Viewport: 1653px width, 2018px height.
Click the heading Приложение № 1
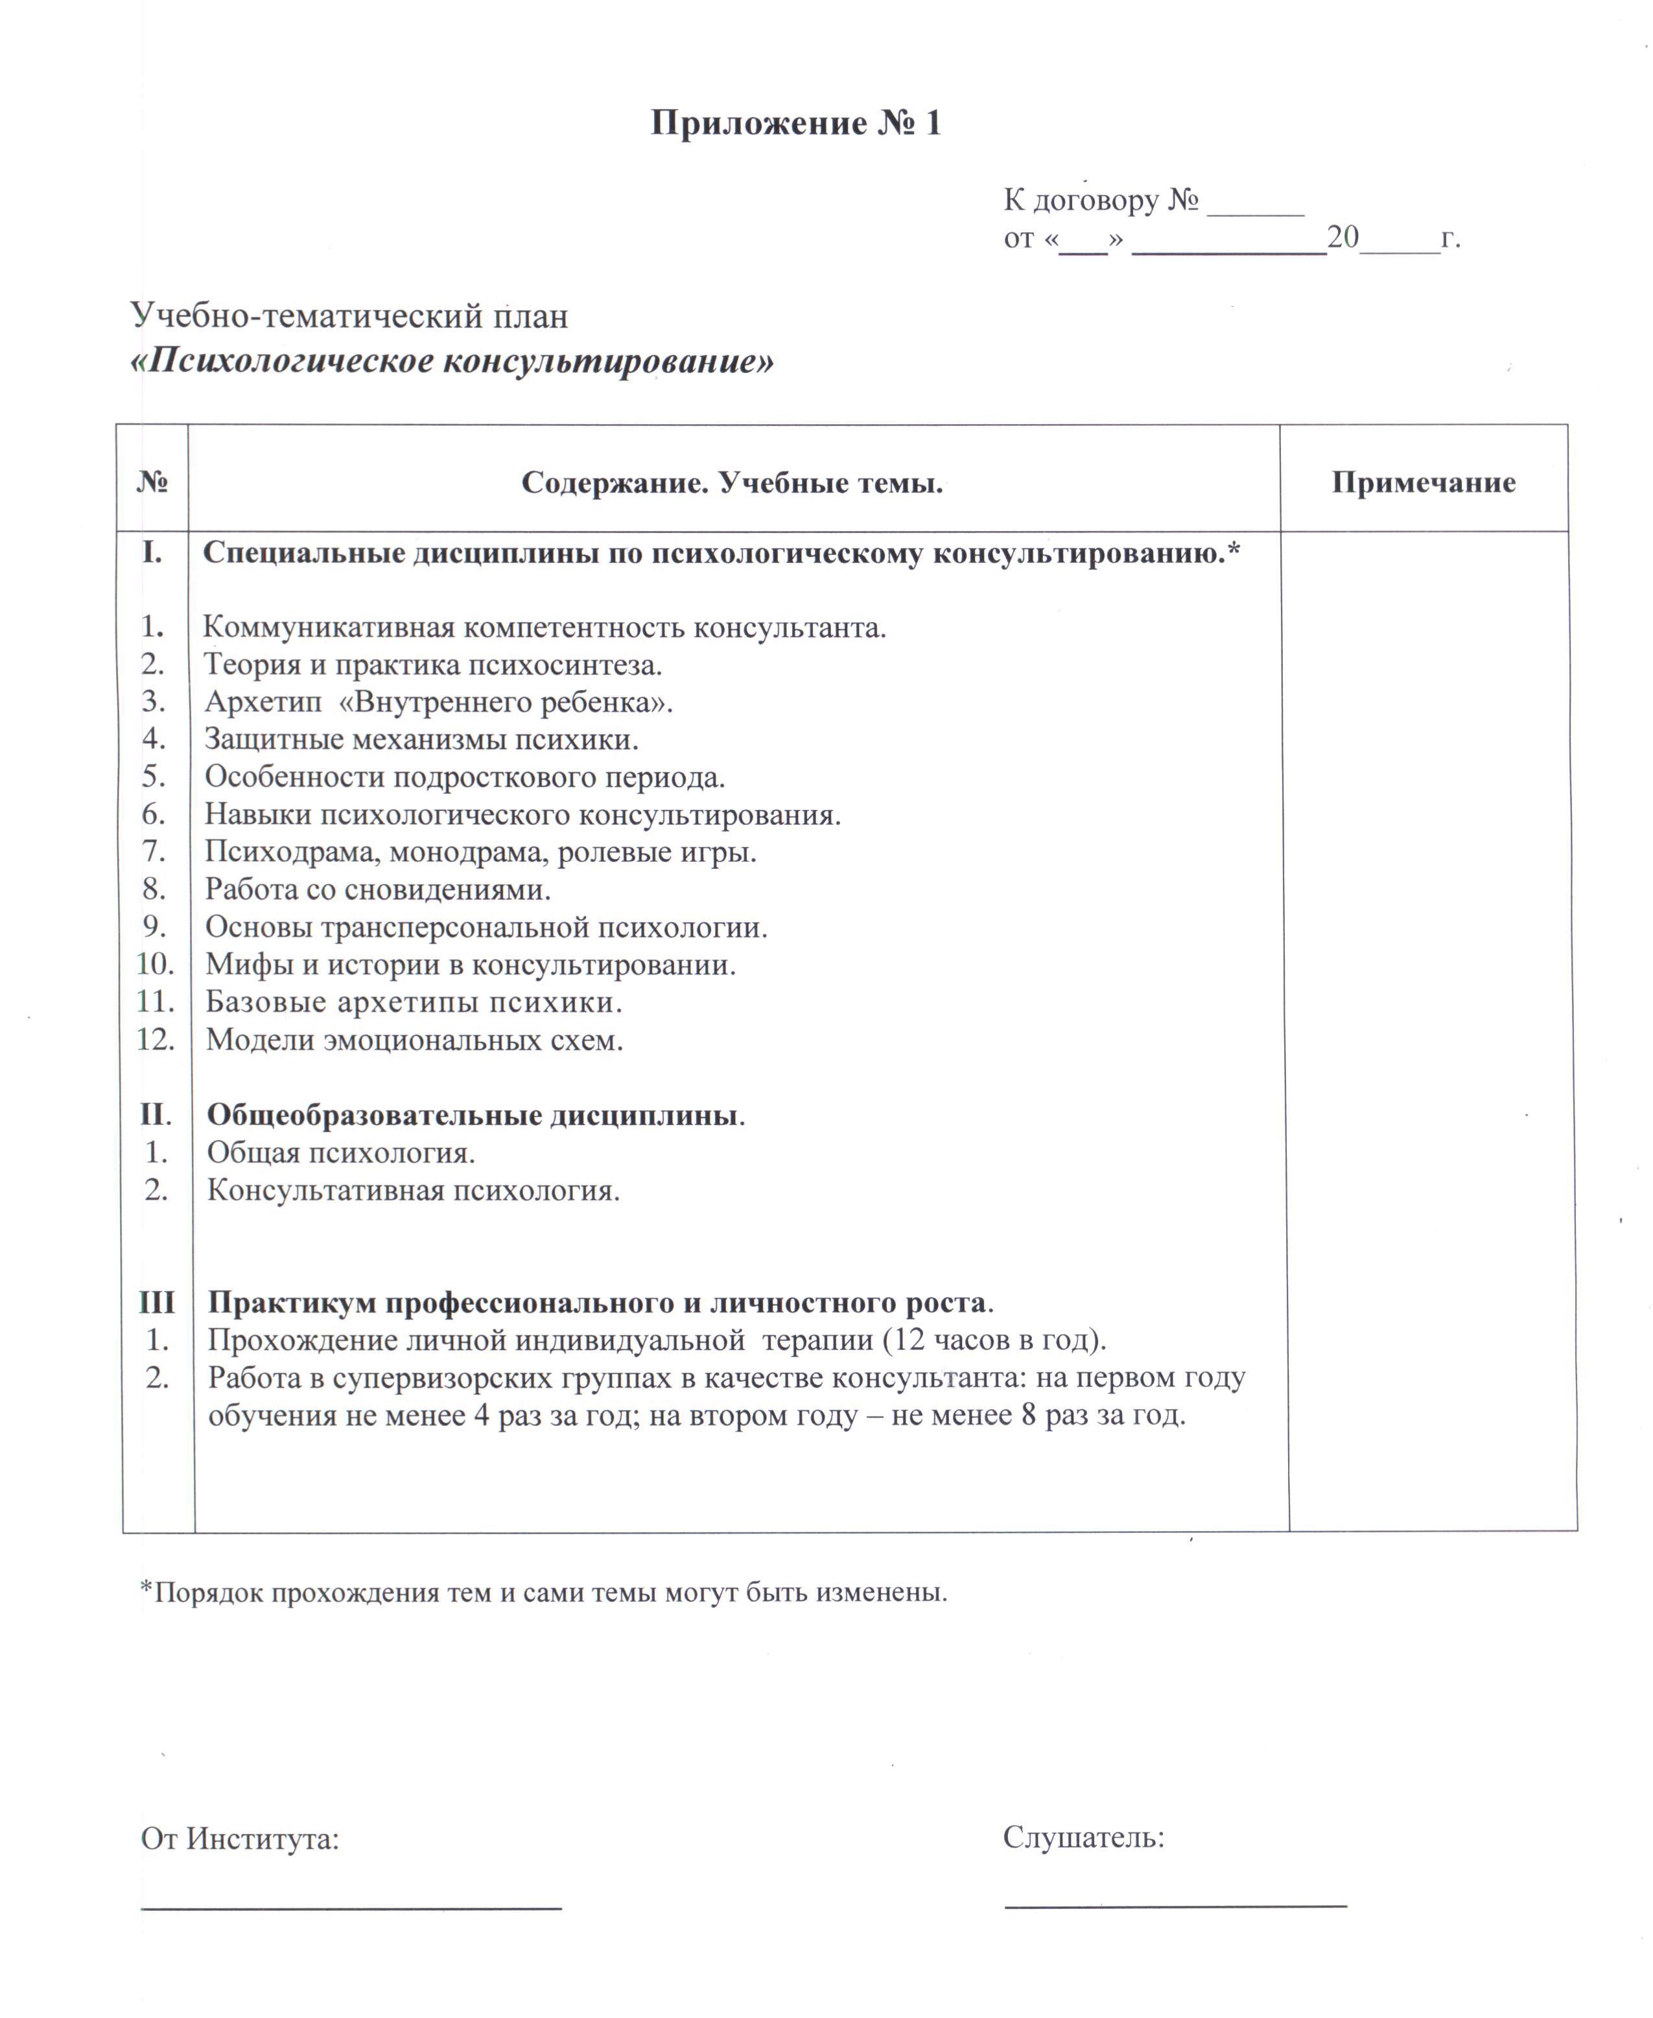[x=796, y=124]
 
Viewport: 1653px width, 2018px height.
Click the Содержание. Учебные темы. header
[x=731, y=483]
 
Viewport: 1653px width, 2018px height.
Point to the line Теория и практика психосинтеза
[x=433, y=664]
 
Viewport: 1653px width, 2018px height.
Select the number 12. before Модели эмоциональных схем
[x=155, y=1038]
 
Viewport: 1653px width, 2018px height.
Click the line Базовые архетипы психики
[x=414, y=1001]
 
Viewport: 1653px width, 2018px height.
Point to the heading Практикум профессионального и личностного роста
[x=600, y=1302]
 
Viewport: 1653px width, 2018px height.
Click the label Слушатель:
[x=1084, y=1837]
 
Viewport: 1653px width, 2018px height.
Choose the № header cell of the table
[x=152, y=482]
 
